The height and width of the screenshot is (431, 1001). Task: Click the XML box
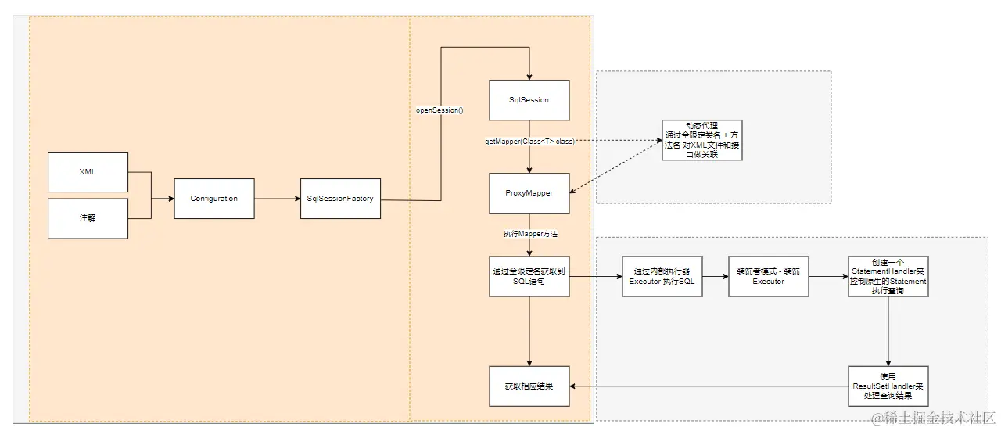(x=88, y=172)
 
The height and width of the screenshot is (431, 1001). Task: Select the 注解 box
(x=88, y=218)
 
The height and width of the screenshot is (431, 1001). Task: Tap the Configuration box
(x=213, y=199)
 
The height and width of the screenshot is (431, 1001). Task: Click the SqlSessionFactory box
(x=340, y=199)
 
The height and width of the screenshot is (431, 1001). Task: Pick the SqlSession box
(x=529, y=100)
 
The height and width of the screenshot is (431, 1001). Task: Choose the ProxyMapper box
(x=529, y=193)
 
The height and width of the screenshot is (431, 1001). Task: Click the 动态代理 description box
(x=701, y=141)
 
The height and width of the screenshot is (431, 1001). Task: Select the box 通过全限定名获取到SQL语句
(x=529, y=276)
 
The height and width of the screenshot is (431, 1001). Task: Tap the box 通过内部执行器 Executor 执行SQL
(x=662, y=276)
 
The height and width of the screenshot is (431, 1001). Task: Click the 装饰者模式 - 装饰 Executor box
(x=768, y=276)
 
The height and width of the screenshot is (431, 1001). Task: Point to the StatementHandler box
(x=888, y=276)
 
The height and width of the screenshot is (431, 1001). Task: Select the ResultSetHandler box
(x=888, y=386)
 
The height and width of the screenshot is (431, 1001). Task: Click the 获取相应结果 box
(x=529, y=386)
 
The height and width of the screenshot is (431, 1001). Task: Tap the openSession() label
(x=440, y=110)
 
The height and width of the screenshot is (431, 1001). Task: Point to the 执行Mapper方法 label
(x=529, y=234)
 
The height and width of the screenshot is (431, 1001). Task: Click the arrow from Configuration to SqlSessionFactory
(x=277, y=199)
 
